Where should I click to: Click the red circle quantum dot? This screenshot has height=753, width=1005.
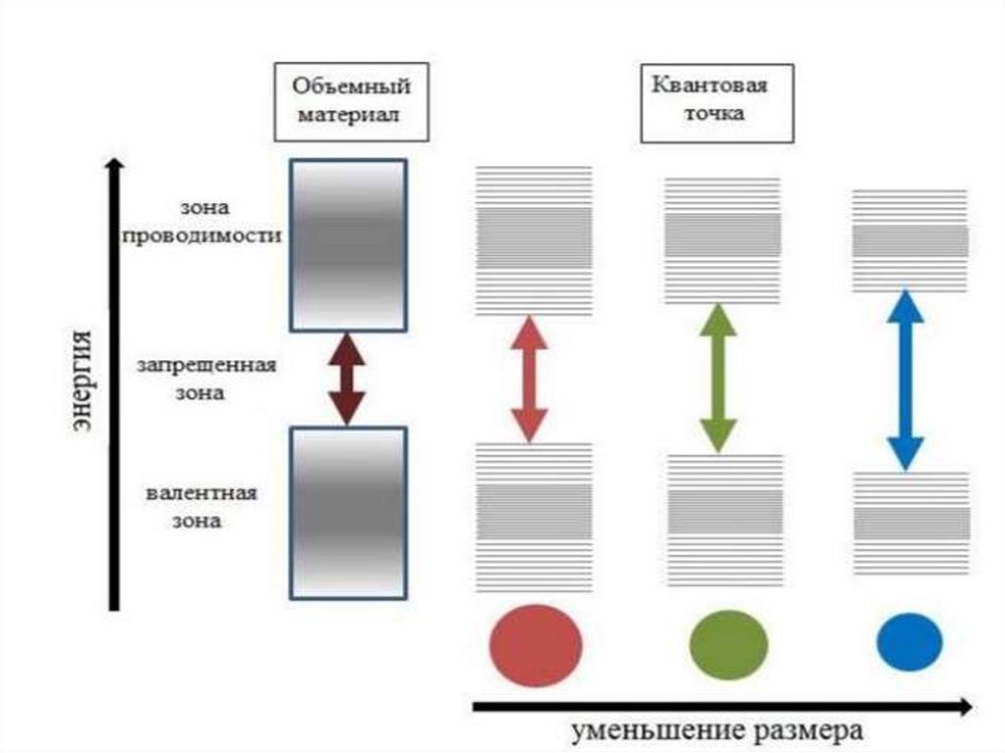[535, 645]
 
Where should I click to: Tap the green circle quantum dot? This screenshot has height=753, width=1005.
[728, 644]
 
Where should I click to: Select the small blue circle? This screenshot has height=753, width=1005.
[909, 642]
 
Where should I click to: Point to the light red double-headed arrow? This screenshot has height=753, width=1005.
[529, 378]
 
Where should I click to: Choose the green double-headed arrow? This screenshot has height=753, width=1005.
[718, 378]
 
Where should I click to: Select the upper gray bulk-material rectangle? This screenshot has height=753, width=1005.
[347, 244]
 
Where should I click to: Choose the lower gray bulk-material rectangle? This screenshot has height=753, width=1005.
[347, 512]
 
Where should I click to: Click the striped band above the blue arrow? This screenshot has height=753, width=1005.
[909, 240]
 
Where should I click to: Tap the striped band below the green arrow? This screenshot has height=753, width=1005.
[725, 519]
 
